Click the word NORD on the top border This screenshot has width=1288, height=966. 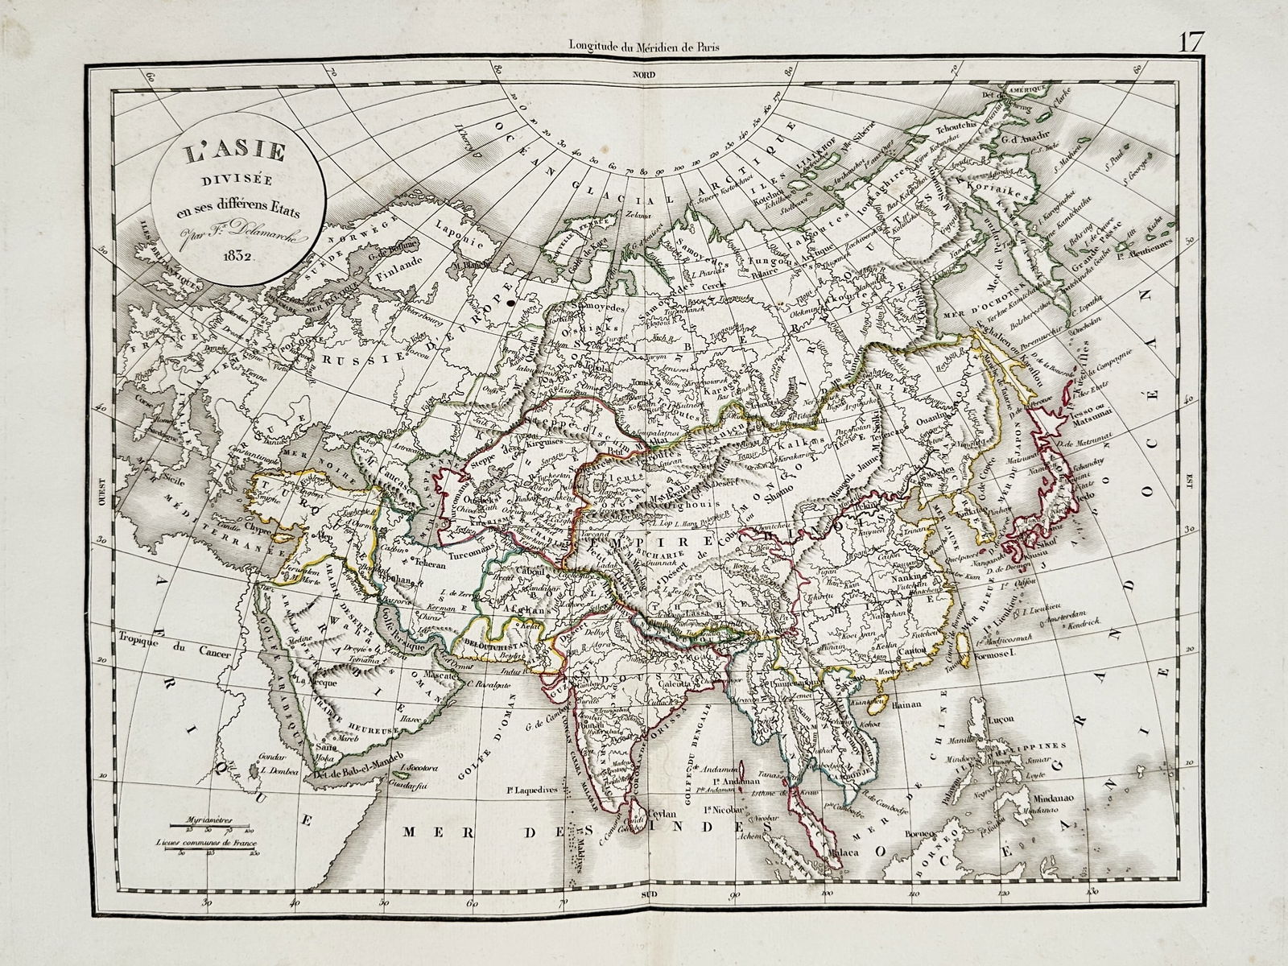pos(643,75)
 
